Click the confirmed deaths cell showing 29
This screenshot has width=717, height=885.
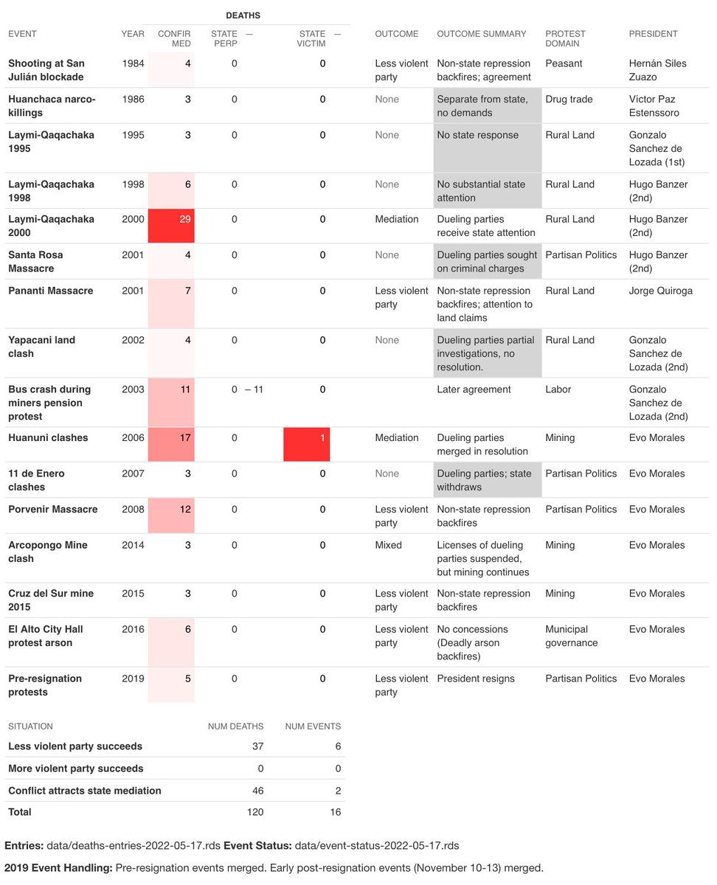pyautogui.click(x=171, y=226)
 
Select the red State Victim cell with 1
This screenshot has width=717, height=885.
pyautogui.click(x=307, y=444)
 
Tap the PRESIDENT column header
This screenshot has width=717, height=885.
pyautogui.click(x=653, y=34)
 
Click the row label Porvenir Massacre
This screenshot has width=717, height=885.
pyautogui.click(x=52, y=510)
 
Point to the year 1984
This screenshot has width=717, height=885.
pyautogui.click(x=133, y=63)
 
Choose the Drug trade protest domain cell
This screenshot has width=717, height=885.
pyautogui.click(x=568, y=100)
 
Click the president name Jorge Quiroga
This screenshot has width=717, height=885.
pyautogui.click(x=660, y=291)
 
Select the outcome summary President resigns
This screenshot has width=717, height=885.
pyautogui.click(x=476, y=679)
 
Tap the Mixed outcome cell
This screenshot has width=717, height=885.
pyautogui.click(x=388, y=546)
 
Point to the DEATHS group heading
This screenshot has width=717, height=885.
pyautogui.click(x=243, y=15)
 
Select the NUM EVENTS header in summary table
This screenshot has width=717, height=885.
pyautogui.click(x=313, y=726)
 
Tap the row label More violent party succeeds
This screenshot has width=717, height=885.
pyautogui.click(x=75, y=768)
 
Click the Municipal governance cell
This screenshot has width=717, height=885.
pyautogui.click(x=571, y=636)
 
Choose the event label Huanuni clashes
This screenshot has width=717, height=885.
pyautogui.click(x=48, y=438)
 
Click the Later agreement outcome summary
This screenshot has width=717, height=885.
pyautogui.click(x=474, y=389)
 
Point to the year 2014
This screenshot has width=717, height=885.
pyautogui.click(x=133, y=546)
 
